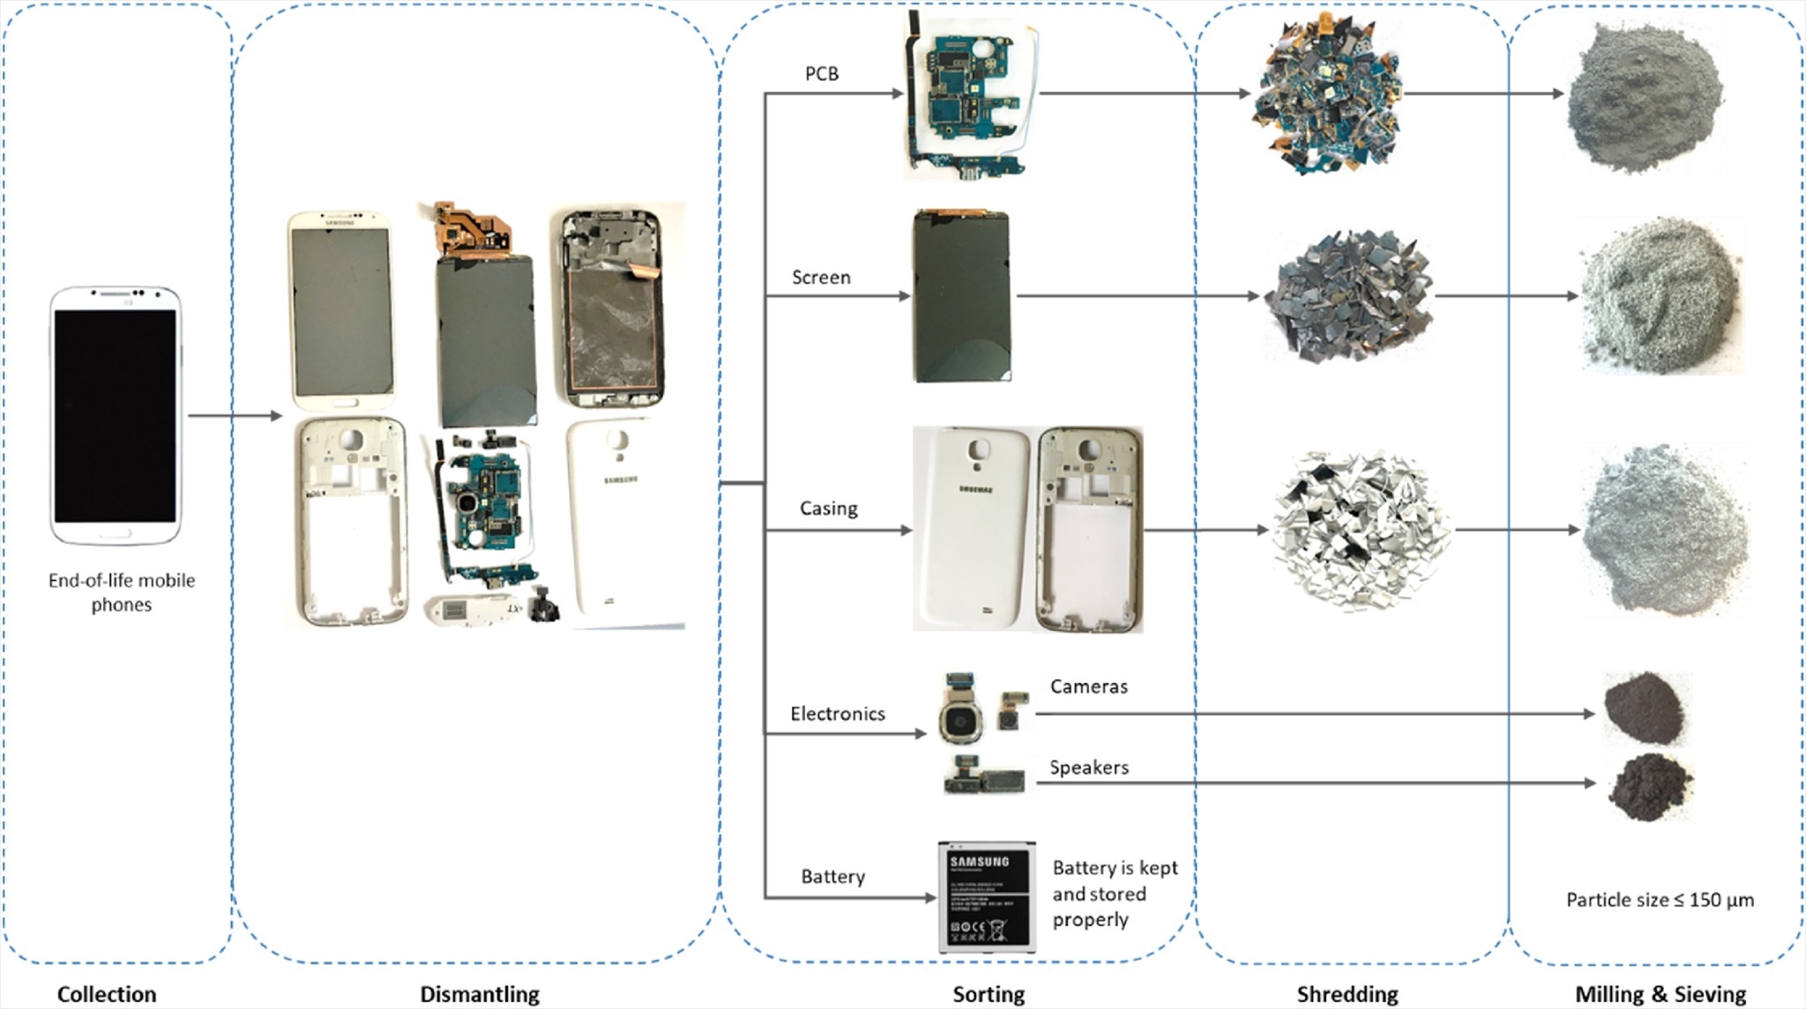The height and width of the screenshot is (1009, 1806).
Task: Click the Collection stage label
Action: pos(107,994)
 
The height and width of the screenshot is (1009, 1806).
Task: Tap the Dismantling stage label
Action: pos(480,994)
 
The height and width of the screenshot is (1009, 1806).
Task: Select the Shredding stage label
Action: pos(1347,994)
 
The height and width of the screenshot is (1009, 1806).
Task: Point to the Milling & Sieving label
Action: pos(1660,994)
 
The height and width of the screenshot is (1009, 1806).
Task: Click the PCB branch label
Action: pos(822,74)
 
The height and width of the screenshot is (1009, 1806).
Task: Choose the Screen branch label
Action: pos(821,278)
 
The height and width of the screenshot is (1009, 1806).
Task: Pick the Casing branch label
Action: pos(828,508)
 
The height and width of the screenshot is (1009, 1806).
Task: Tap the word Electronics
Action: pos(837,714)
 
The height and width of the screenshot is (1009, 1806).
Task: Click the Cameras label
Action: pos(1088,686)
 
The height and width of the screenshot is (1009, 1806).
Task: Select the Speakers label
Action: pos(1088,768)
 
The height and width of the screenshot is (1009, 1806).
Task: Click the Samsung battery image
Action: pos(986,896)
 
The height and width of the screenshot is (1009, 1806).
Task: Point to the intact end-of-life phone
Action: pos(116,415)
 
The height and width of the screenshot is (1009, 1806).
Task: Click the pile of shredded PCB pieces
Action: pos(1326,94)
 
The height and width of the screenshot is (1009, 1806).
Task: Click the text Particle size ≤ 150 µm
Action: pos(1660,900)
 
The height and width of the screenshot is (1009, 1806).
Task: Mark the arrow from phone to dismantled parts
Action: pos(235,416)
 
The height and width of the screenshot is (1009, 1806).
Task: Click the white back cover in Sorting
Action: pos(972,529)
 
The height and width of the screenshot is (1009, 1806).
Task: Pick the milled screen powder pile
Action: pos(1660,296)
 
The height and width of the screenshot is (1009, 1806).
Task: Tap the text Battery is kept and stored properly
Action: pos(1115,894)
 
